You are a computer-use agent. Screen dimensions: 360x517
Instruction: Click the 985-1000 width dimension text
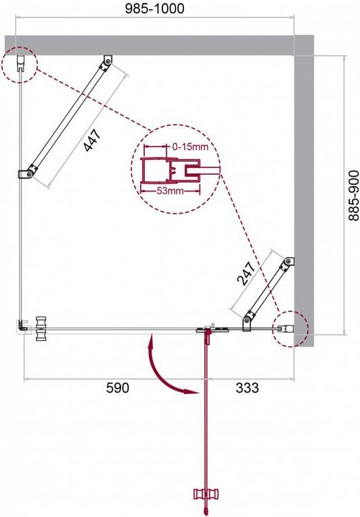154,9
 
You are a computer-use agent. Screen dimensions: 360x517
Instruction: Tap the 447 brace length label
91,141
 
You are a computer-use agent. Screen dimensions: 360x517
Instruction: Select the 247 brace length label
246,273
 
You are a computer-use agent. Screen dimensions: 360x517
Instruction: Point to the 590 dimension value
118,388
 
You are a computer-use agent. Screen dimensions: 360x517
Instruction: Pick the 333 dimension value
247,388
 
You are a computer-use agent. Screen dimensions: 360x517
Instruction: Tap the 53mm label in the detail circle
170,191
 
